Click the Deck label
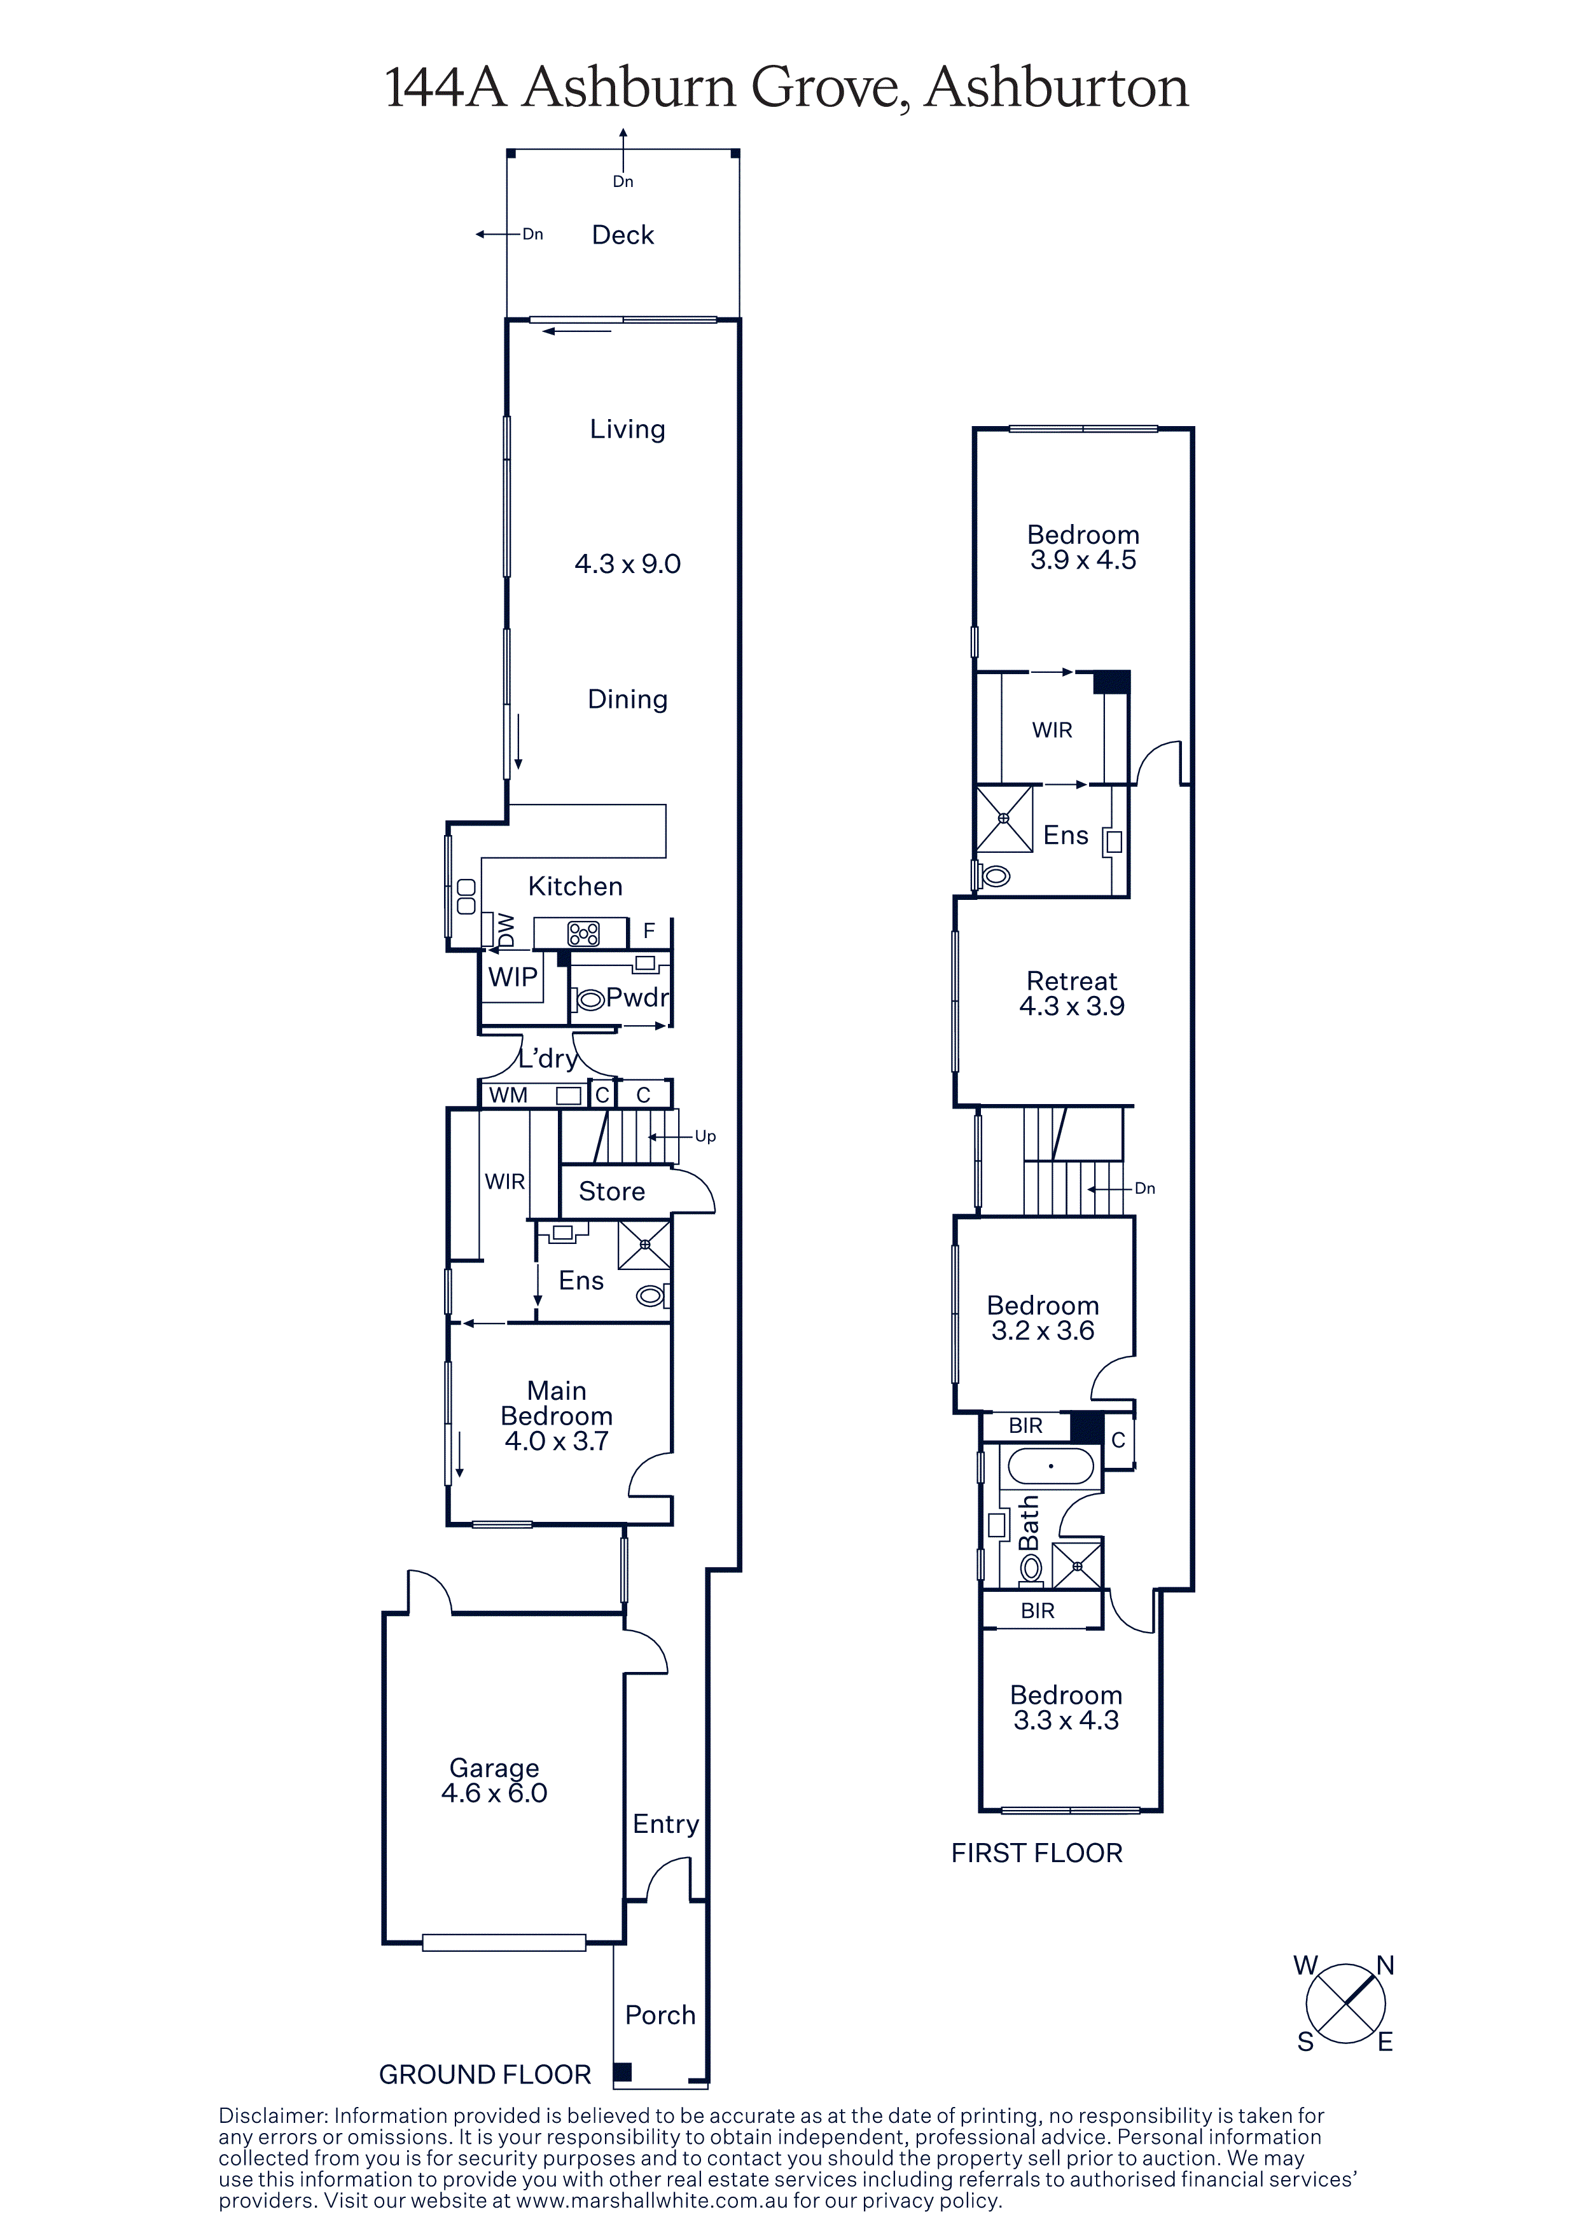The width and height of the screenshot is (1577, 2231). pyautogui.click(x=623, y=235)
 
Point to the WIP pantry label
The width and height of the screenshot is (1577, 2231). pyautogui.click(x=512, y=977)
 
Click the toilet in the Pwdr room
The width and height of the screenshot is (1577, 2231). pyautogui.click(x=590, y=998)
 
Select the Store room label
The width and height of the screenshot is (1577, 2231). pyautogui.click(x=611, y=1191)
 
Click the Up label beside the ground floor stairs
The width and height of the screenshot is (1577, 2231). pyautogui.click(x=705, y=1136)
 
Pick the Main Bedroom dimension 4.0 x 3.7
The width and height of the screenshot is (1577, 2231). pyautogui.click(x=556, y=1441)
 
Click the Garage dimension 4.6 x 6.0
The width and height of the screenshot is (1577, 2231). pyautogui.click(x=494, y=1793)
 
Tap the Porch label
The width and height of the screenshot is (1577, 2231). pyautogui.click(x=660, y=2015)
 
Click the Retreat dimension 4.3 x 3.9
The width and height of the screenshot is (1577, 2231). pyautogui.click(x=1072, y=1007)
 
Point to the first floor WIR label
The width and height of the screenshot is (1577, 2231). pyautogui.click(x=1052, y=729)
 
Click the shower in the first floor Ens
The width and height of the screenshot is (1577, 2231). pyautogui.click(x=1004, y=818)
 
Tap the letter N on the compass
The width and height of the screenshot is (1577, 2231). pyautogui.click(x=1385, y=1966)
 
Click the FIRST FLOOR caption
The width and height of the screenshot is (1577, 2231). pyautogui.click(x=1036, y=1853)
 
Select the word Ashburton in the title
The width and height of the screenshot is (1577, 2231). pyautogui.click(x=1056, y=88)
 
